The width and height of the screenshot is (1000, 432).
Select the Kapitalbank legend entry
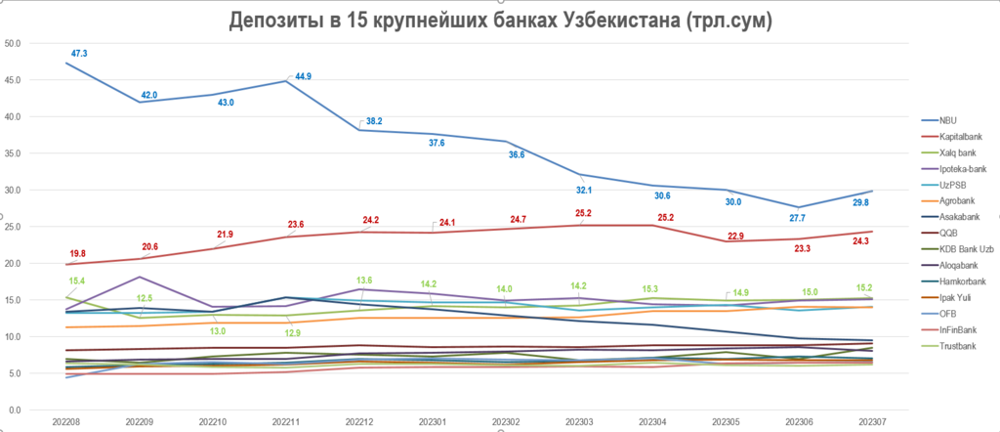pos(956,136)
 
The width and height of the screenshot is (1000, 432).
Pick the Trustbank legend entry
pos(953,347)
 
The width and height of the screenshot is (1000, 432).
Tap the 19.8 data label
pos(79,253)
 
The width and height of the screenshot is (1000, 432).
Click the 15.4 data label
pos(79,281)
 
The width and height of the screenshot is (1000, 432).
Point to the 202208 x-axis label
pos(66,422)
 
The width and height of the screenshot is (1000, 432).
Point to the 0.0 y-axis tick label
pos(17,410)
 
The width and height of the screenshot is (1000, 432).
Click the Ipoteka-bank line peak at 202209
pos(140,277)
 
